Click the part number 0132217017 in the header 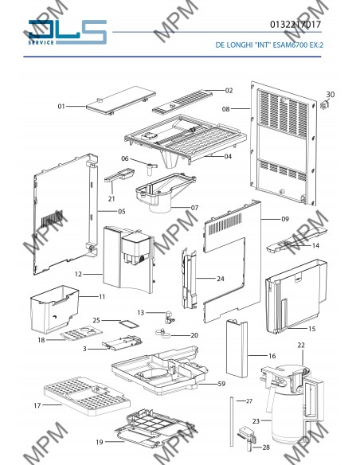(295, 25)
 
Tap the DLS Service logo (68, 32)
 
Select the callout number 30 (331, 94)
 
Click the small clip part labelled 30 (325, 105)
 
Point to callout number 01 (61, 106)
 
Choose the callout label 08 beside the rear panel (225, 109)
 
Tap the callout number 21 (112, 198)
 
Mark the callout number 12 (78, 274)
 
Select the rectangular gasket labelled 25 (129, 324)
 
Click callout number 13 (140, 313)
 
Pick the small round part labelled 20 (162, 333)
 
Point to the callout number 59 (221, 384)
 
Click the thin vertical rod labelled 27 (231, 421)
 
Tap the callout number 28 (266, 447)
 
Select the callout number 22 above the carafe (301, 346)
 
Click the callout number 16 (272, 356)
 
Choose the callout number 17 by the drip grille (37, 405)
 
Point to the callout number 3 (84, 349)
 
